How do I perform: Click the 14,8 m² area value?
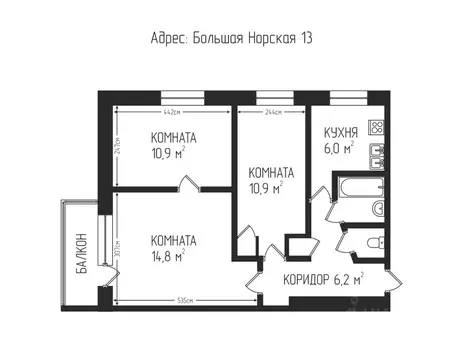(169, 257)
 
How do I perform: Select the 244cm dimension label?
(270, 110)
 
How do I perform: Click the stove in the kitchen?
(377, 128)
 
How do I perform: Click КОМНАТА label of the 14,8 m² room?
(173, 240)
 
